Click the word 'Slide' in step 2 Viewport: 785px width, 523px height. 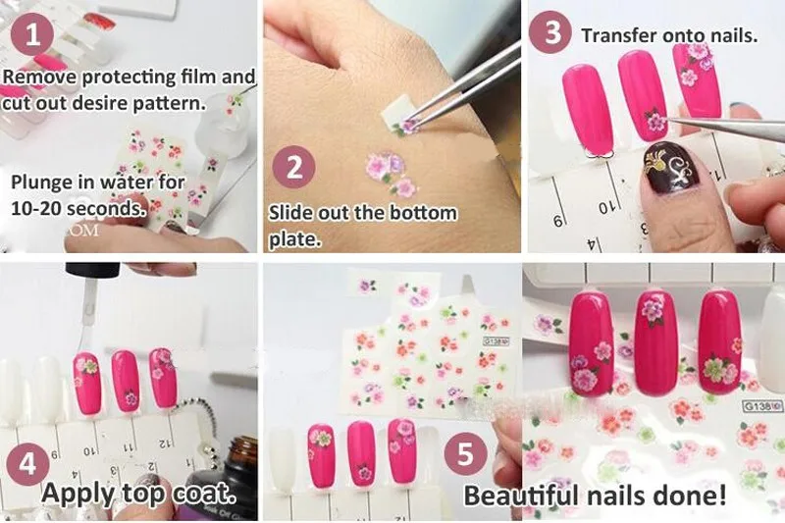pyautogui.click(x=292, y=213)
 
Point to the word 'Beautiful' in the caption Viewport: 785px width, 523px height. pyautogui.click(x=525, y=494)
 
